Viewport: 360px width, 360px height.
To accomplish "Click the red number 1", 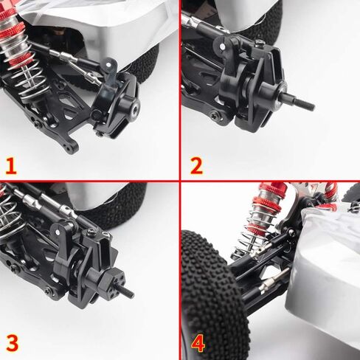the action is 11,166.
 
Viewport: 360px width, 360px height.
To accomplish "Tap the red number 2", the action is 196,166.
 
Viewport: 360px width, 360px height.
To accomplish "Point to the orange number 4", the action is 198,344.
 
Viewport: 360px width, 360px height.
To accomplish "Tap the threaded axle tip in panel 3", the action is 128,292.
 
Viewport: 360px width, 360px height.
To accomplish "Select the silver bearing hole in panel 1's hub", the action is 134,109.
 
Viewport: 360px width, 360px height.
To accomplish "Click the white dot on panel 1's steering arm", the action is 108,65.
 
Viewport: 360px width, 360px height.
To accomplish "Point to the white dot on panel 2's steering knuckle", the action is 222,46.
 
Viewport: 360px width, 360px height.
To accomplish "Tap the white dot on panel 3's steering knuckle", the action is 58,232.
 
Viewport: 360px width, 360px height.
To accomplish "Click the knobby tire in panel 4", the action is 213,295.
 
